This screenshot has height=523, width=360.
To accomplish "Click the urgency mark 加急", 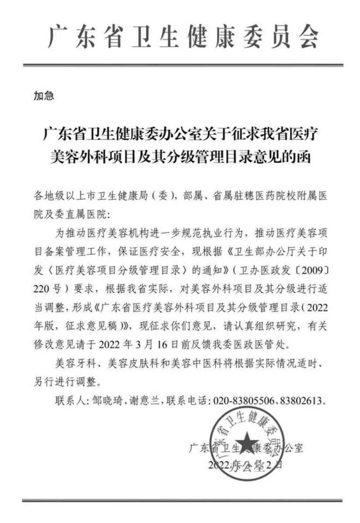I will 44,96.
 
